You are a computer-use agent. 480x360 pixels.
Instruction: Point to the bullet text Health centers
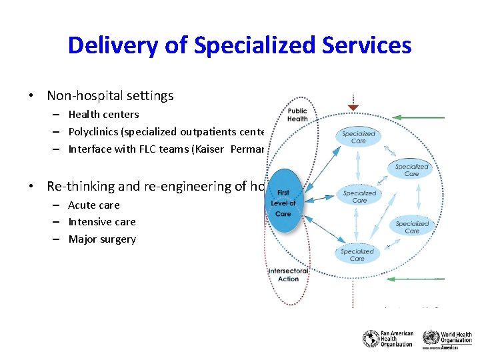click(x=103, y=115)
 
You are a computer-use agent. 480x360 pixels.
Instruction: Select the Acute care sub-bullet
click(x=94, y=205)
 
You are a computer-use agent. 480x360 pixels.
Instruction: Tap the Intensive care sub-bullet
click(x=101, y=222)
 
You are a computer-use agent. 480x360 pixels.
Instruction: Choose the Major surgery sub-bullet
click(x=102, y=239)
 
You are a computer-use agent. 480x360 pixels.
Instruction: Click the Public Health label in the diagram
click(x=297, y=115)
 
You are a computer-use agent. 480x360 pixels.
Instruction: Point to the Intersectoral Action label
click(x=288, y=275)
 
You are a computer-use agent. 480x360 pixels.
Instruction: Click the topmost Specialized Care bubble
click(x=359, y=137)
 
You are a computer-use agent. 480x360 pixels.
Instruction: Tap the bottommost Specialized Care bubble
click(x=357, y=255)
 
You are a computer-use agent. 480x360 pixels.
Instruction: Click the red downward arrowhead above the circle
click(x=353, y=107)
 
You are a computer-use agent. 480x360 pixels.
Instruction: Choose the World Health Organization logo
click(x=447, y=339)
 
